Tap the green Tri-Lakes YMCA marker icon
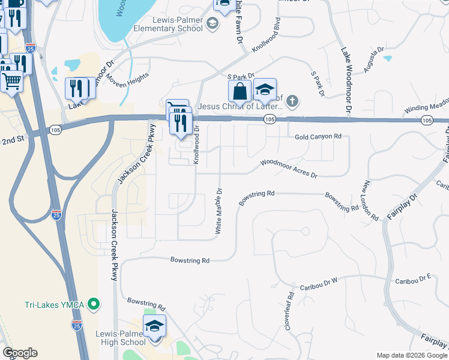[93, 305]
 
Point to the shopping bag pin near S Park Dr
[240, 91]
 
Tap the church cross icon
[292, 100]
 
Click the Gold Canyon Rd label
[318, 137]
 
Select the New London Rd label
[370, 199]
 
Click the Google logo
[20, 353]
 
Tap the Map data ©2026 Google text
[412, 355]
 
